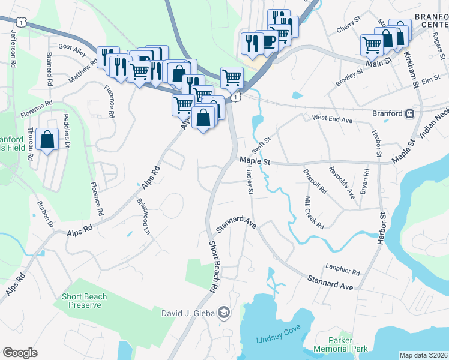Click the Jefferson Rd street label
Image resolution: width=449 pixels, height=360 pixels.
click(x=13, y=46)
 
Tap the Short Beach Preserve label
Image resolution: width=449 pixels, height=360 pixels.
click(x=84, y=301)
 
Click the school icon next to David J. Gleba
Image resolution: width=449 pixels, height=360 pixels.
click(x=224, y=313)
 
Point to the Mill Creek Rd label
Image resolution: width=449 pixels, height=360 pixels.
click(x=314, y=212)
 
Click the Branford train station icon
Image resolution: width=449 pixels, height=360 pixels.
click(x=410, y=113)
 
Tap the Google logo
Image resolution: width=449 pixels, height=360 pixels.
click(x=20, y=352)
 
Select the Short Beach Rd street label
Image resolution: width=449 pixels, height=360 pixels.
click(x=212, y=267)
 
